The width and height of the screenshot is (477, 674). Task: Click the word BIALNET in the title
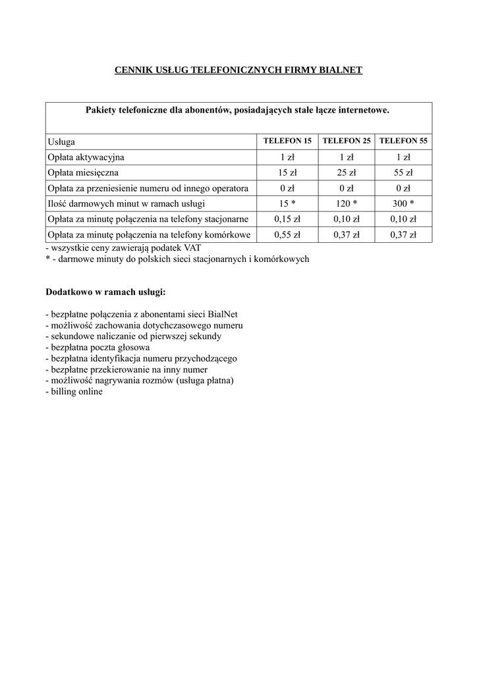(341, 69)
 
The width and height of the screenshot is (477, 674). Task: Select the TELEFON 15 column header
(287, 142)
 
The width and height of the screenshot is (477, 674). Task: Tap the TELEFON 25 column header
(347, 142)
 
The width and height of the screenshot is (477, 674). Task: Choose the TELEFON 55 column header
(404, 142)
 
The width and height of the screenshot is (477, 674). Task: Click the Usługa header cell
(61, 142)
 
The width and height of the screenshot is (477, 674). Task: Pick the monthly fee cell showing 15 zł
(287, 173)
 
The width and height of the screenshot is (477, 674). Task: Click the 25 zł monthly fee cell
(347, 173)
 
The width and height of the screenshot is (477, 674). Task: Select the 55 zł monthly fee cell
(404, 173)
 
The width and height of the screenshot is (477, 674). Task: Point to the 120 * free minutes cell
(347, 204)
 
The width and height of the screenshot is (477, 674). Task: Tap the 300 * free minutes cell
(404, 204)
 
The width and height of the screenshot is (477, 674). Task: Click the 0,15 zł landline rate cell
(287, 219)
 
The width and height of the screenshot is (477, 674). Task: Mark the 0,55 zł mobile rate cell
(287, 235)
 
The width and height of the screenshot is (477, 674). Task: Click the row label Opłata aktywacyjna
(86, 157)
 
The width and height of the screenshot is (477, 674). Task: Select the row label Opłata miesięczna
(82, 173)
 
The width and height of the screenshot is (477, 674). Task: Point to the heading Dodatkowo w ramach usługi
(105, 291)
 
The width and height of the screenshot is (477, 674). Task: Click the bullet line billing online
(74, 392)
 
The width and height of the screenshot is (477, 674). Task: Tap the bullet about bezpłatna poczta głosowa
(98, 347)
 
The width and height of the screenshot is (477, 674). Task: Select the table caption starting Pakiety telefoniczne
(238, 110)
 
